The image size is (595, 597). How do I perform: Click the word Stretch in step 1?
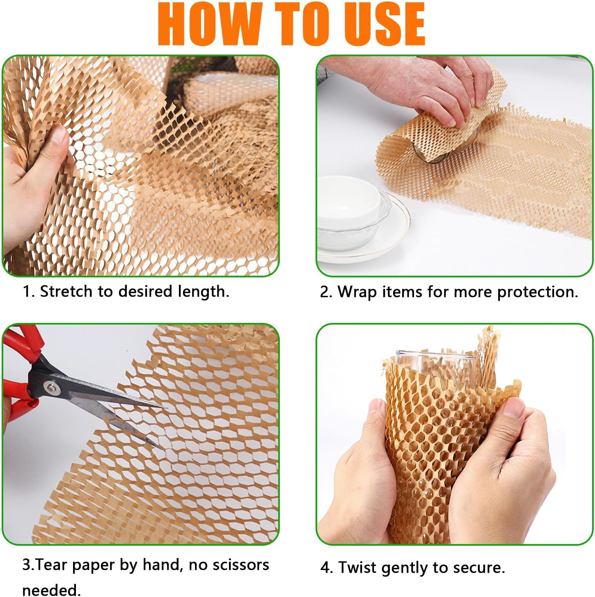click(x=66, y=291)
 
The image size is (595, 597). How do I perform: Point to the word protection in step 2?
click(x=537, y=293)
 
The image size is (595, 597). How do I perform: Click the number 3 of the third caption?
click(x=26, y=565)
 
